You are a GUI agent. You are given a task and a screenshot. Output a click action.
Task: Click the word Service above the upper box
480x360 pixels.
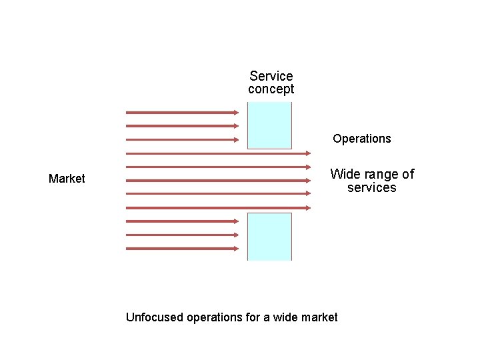pyautogui.click(x=271, y=76)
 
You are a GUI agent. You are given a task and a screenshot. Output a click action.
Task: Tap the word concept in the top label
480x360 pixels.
pyautogui.click(x=271, y=89)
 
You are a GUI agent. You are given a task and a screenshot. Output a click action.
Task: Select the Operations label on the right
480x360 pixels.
pyautogui.click(x=362, y=139)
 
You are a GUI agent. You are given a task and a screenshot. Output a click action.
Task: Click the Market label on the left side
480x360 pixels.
pyautogui.click(x=67, y=179)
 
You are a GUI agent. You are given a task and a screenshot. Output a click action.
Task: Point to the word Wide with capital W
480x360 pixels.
pyautogui.click(x=345, y=174)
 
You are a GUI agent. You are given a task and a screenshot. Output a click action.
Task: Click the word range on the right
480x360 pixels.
pyautogui.click(x=381, y=174)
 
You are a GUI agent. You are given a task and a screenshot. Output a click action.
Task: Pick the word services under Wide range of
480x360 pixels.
pyautogui.click(x=371, y=188)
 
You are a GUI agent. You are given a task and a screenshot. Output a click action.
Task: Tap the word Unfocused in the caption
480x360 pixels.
pyautogui.click(x=154, y=317)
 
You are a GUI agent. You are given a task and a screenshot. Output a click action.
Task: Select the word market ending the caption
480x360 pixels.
pyautogui.click(x=319, y=317)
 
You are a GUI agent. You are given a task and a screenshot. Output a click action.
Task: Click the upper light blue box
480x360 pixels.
pyautogui.click(x=269, y=125)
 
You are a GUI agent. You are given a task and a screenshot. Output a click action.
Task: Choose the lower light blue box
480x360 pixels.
pyautogui.click(x=269, y=236)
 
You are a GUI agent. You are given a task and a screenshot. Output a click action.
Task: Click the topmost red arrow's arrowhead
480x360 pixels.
pyautogui.click(x=236, y=112)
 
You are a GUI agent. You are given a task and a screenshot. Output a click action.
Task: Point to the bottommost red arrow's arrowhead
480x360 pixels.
pyautogui.click(x=236, y=249)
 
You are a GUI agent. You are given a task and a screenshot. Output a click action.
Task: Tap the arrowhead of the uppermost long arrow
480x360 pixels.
pyautogui.click(x=308, y=153)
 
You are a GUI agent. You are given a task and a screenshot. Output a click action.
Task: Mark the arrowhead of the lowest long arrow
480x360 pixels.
pyautogui.click(x=308, y=207)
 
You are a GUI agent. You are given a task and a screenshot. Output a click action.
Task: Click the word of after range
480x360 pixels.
pyautogui.click(x=407, y=174)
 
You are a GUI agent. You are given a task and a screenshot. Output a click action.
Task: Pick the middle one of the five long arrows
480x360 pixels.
pyautogui.click(x=220, y=180)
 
